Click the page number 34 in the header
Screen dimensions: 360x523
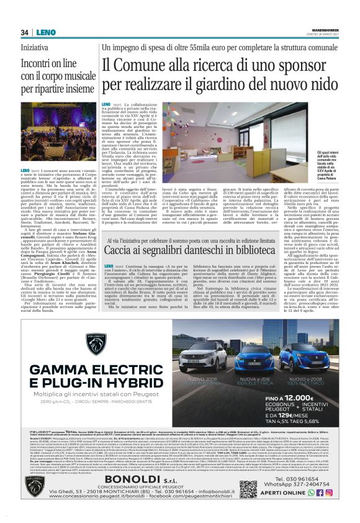25,32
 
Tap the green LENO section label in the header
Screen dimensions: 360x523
44,32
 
